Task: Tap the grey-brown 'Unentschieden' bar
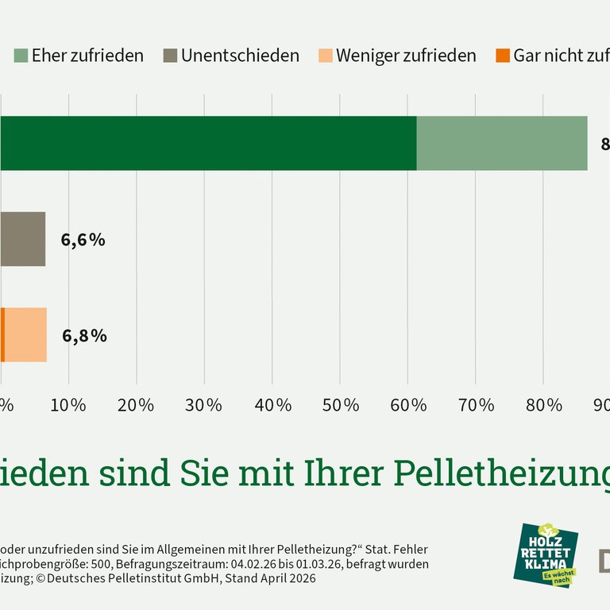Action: [22, 239]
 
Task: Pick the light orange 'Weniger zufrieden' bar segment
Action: [25, 334]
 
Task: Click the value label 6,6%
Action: [83, 240]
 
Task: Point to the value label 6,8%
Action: [84, 335]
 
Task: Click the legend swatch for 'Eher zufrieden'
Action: [20, 56]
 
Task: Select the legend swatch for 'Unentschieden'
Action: [170, 56]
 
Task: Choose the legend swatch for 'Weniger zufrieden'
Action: [325, 56]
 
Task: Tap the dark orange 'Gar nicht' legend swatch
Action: [503, 56]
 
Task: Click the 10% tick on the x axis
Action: [68, 405]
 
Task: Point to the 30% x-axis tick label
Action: [204, 405]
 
